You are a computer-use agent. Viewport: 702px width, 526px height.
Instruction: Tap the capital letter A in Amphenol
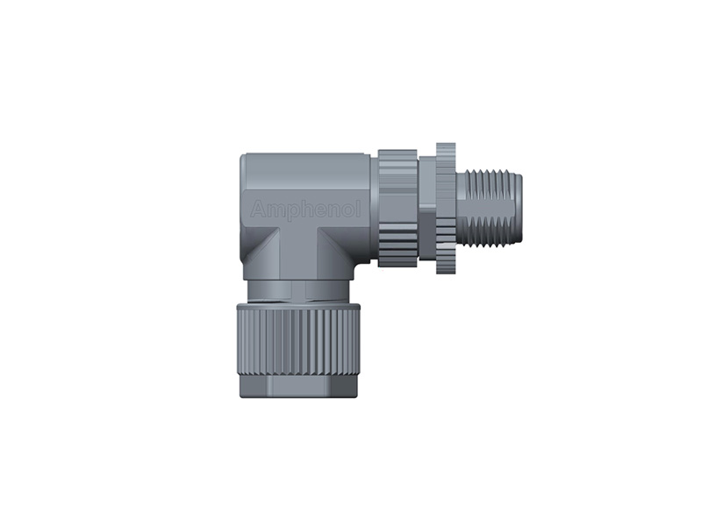256,210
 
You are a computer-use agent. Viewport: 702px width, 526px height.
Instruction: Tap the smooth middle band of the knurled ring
398,209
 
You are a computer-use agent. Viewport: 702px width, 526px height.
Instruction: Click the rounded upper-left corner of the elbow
246,159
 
